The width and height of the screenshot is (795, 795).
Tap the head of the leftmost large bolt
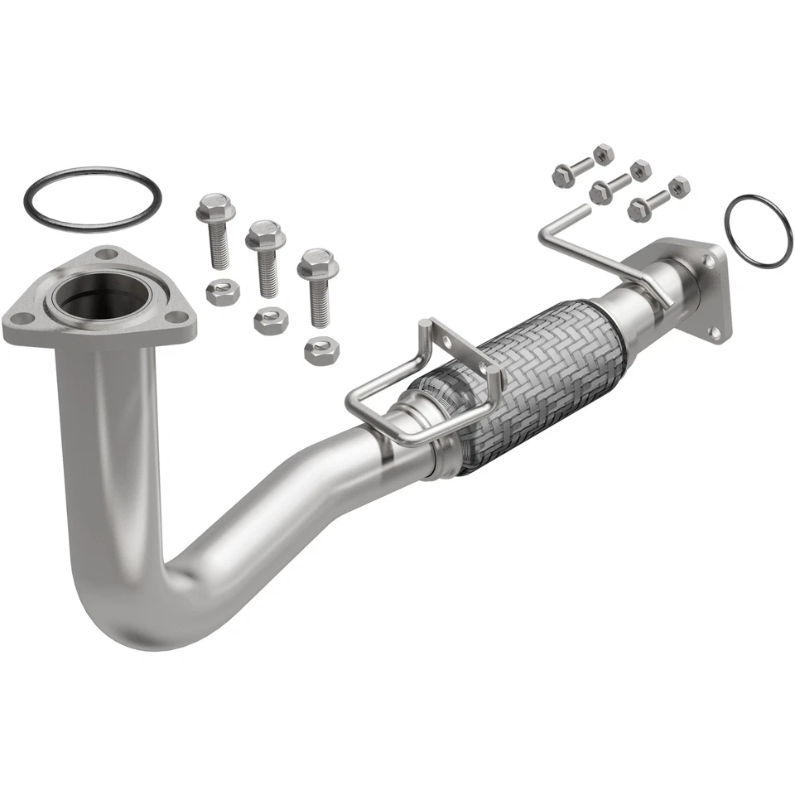(x=214, y=208)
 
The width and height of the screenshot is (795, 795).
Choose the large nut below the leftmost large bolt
(x=223, y=292)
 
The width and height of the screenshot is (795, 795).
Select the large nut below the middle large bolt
(x=271, y=320)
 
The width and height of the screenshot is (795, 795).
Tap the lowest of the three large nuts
(x=321, y=351)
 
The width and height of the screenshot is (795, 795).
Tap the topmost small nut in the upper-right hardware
(x=604, y=153)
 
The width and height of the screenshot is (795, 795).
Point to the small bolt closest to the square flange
(x=646, y=205)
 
